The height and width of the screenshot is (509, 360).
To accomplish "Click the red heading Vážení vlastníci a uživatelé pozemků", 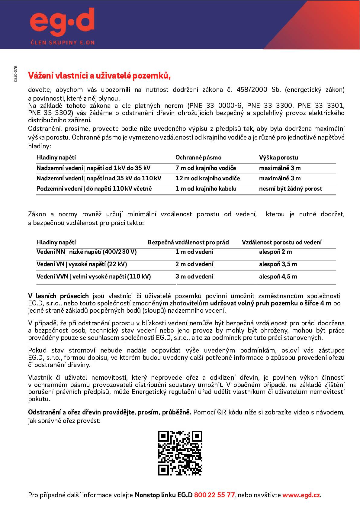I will point(99,76).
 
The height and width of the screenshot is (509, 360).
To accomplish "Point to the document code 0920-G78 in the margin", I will point(15,74).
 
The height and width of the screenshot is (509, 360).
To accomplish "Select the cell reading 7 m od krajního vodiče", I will point(206,168).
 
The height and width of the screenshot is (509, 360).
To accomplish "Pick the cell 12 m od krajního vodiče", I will point(207,179).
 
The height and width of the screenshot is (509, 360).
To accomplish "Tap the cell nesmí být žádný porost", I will point(290,189).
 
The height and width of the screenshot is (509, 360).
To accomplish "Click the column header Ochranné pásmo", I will point(198,158).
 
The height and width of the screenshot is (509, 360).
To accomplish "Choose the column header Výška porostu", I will point(278,158).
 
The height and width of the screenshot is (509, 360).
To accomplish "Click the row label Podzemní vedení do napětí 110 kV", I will point(94,189).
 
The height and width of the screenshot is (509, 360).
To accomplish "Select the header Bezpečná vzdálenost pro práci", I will point(188,242).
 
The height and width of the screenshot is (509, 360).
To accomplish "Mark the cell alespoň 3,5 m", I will point(278,264).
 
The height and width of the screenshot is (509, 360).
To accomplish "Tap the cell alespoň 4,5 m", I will point(278,277).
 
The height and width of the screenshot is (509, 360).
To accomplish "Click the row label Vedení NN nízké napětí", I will point(86,252).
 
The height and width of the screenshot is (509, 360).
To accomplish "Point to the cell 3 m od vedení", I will point(194,277).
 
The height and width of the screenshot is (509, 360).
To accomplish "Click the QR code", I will point(180,453).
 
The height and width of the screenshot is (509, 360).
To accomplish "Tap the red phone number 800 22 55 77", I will point(214,495).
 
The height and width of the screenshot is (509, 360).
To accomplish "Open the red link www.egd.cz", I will point(301,495).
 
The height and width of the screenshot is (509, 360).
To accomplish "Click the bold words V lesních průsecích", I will point(59,296).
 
